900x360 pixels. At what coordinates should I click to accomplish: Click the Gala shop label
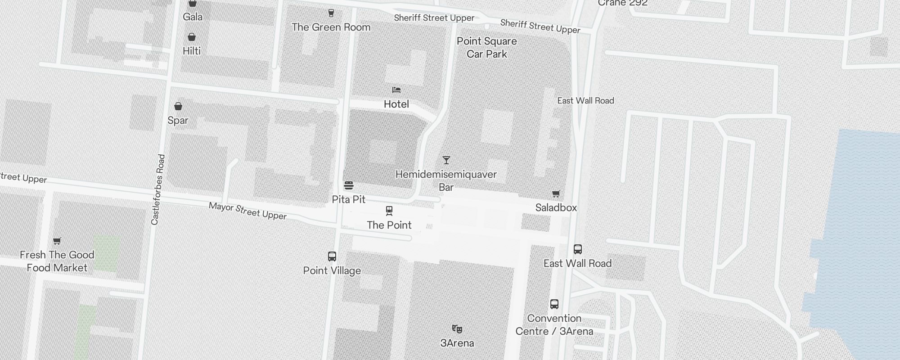coord(193,17)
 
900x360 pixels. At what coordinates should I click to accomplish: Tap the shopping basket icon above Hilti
coord(192,37)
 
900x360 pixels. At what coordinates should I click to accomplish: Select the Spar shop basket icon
coord(178,106)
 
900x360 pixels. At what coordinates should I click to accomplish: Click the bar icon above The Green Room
coord(331,13)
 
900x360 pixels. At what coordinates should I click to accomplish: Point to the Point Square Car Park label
coord(487,48)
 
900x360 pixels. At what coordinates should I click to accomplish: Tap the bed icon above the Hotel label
coord(396,90)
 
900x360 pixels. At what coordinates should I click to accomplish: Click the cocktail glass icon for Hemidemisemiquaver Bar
coord(446,160)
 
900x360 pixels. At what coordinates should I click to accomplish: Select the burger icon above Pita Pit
coord(349,185)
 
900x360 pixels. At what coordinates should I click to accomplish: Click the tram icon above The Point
coord(389,211)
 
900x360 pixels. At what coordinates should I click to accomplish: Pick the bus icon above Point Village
coord(332,256)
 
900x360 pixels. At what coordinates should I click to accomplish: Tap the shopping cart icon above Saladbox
coord(556,193)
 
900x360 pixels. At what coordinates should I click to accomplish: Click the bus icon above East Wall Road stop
coord(578,249)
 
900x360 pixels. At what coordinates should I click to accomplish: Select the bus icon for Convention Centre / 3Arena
coord(554,304)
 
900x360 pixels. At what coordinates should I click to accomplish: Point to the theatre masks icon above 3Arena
coord(457,329)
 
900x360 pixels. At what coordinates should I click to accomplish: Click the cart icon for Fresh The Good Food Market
coord(57,241)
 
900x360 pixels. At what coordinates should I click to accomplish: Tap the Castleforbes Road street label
coord(158,189)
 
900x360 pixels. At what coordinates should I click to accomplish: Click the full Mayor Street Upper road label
coord(247,211)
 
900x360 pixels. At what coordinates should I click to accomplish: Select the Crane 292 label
coord(623,3)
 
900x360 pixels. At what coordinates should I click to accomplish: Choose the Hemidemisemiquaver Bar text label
coord(446,180)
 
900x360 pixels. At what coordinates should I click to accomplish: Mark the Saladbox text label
coord(556,207)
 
